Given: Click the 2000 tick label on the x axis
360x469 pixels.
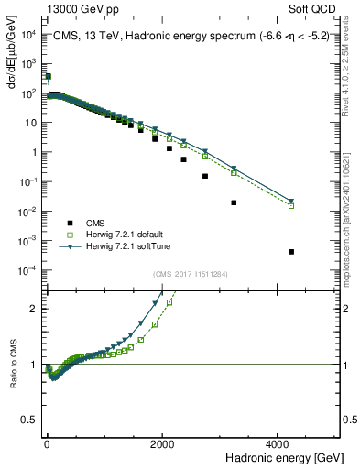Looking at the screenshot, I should (x=163, y=442).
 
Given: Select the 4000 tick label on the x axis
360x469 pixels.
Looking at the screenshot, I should (x=278, y=442).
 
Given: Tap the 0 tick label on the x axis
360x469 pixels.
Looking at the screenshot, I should (x=47, y=442).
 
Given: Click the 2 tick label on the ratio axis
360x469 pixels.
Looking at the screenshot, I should (x=36, y=309).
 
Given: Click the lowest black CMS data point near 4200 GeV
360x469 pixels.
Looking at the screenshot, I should (x=290, y=251).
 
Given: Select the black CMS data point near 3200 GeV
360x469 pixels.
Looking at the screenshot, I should (x=234, y=202).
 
